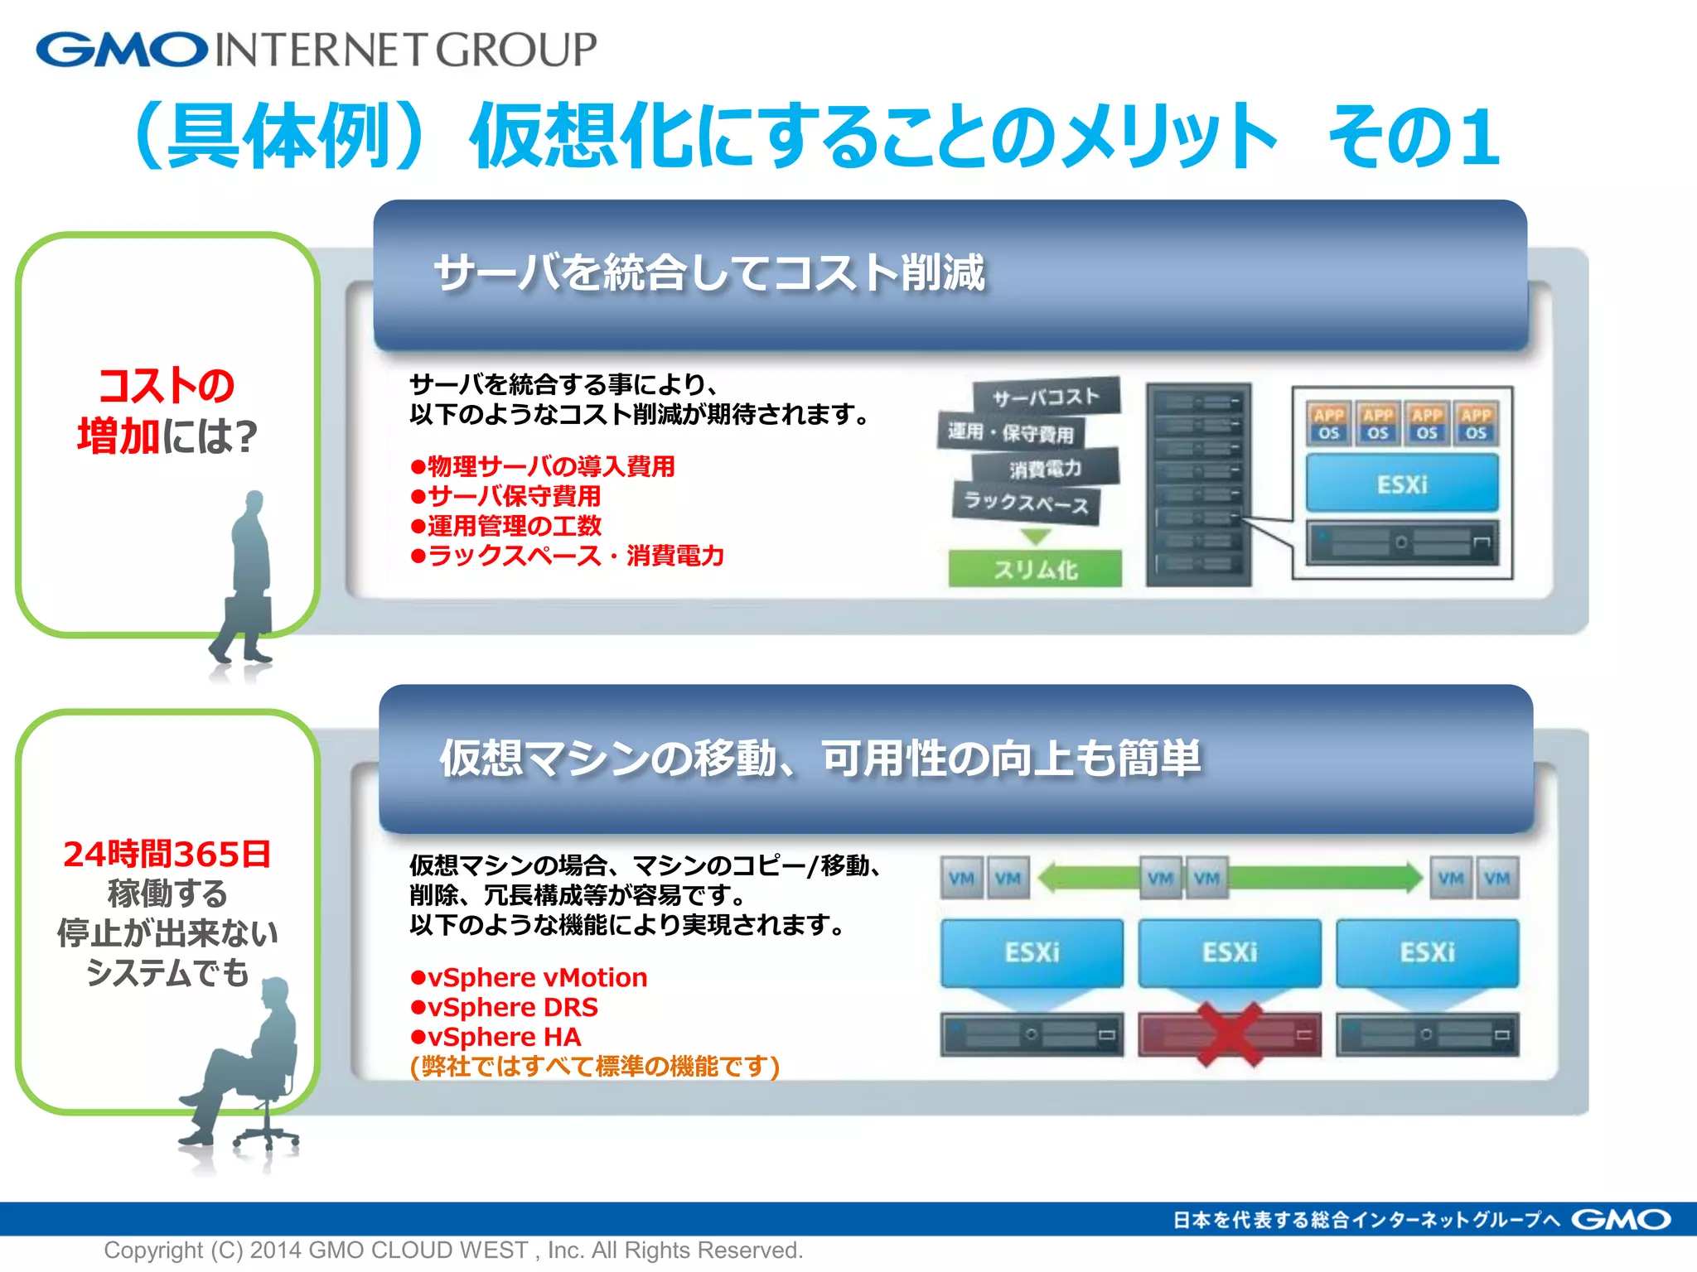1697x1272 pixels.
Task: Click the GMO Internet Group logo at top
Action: coord(315,50)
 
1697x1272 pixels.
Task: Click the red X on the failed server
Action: coord(1230,1033)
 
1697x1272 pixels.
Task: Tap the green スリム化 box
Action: coord(1035,569)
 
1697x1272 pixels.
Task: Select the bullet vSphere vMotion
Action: coord(530,977)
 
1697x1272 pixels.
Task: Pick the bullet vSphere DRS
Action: coord(505,1007)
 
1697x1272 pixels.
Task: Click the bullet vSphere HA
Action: coord(497,1037)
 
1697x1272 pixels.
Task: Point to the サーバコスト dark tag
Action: coord(1046,397)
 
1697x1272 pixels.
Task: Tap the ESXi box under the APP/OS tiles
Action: coord(1402,484)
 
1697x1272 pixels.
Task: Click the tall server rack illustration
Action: coord(1198,484)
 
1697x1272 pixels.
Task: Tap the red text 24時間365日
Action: coord(167,855)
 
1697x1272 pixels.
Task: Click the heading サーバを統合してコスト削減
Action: coord(709,273)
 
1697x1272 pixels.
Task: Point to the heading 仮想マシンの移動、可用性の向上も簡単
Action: coord(820,758)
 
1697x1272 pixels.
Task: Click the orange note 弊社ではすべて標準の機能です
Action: coord(595,1067)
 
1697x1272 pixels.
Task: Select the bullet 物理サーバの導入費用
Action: coord(544,466)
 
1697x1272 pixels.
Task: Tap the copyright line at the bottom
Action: coord(453,1250)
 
